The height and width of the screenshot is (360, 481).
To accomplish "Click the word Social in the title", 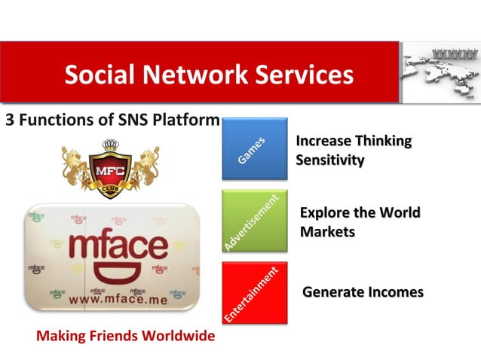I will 97,75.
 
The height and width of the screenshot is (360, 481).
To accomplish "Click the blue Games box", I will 254,148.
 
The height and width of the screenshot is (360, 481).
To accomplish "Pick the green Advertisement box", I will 254,221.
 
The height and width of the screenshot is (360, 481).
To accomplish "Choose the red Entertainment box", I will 254,293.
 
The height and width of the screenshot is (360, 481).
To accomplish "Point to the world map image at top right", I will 440,72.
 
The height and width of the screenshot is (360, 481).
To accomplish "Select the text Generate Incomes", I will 363,292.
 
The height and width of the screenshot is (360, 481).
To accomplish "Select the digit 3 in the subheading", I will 10,121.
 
